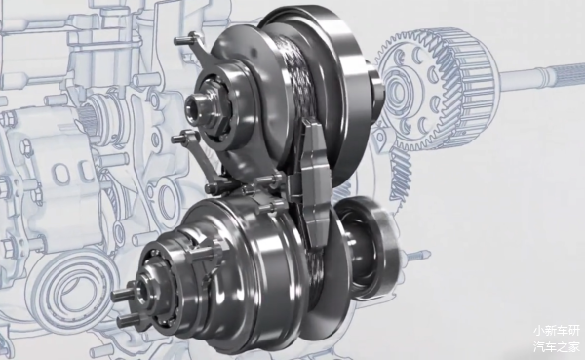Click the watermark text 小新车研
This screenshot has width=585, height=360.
coord(557,331)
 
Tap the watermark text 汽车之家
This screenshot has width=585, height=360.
coord(557,346)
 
